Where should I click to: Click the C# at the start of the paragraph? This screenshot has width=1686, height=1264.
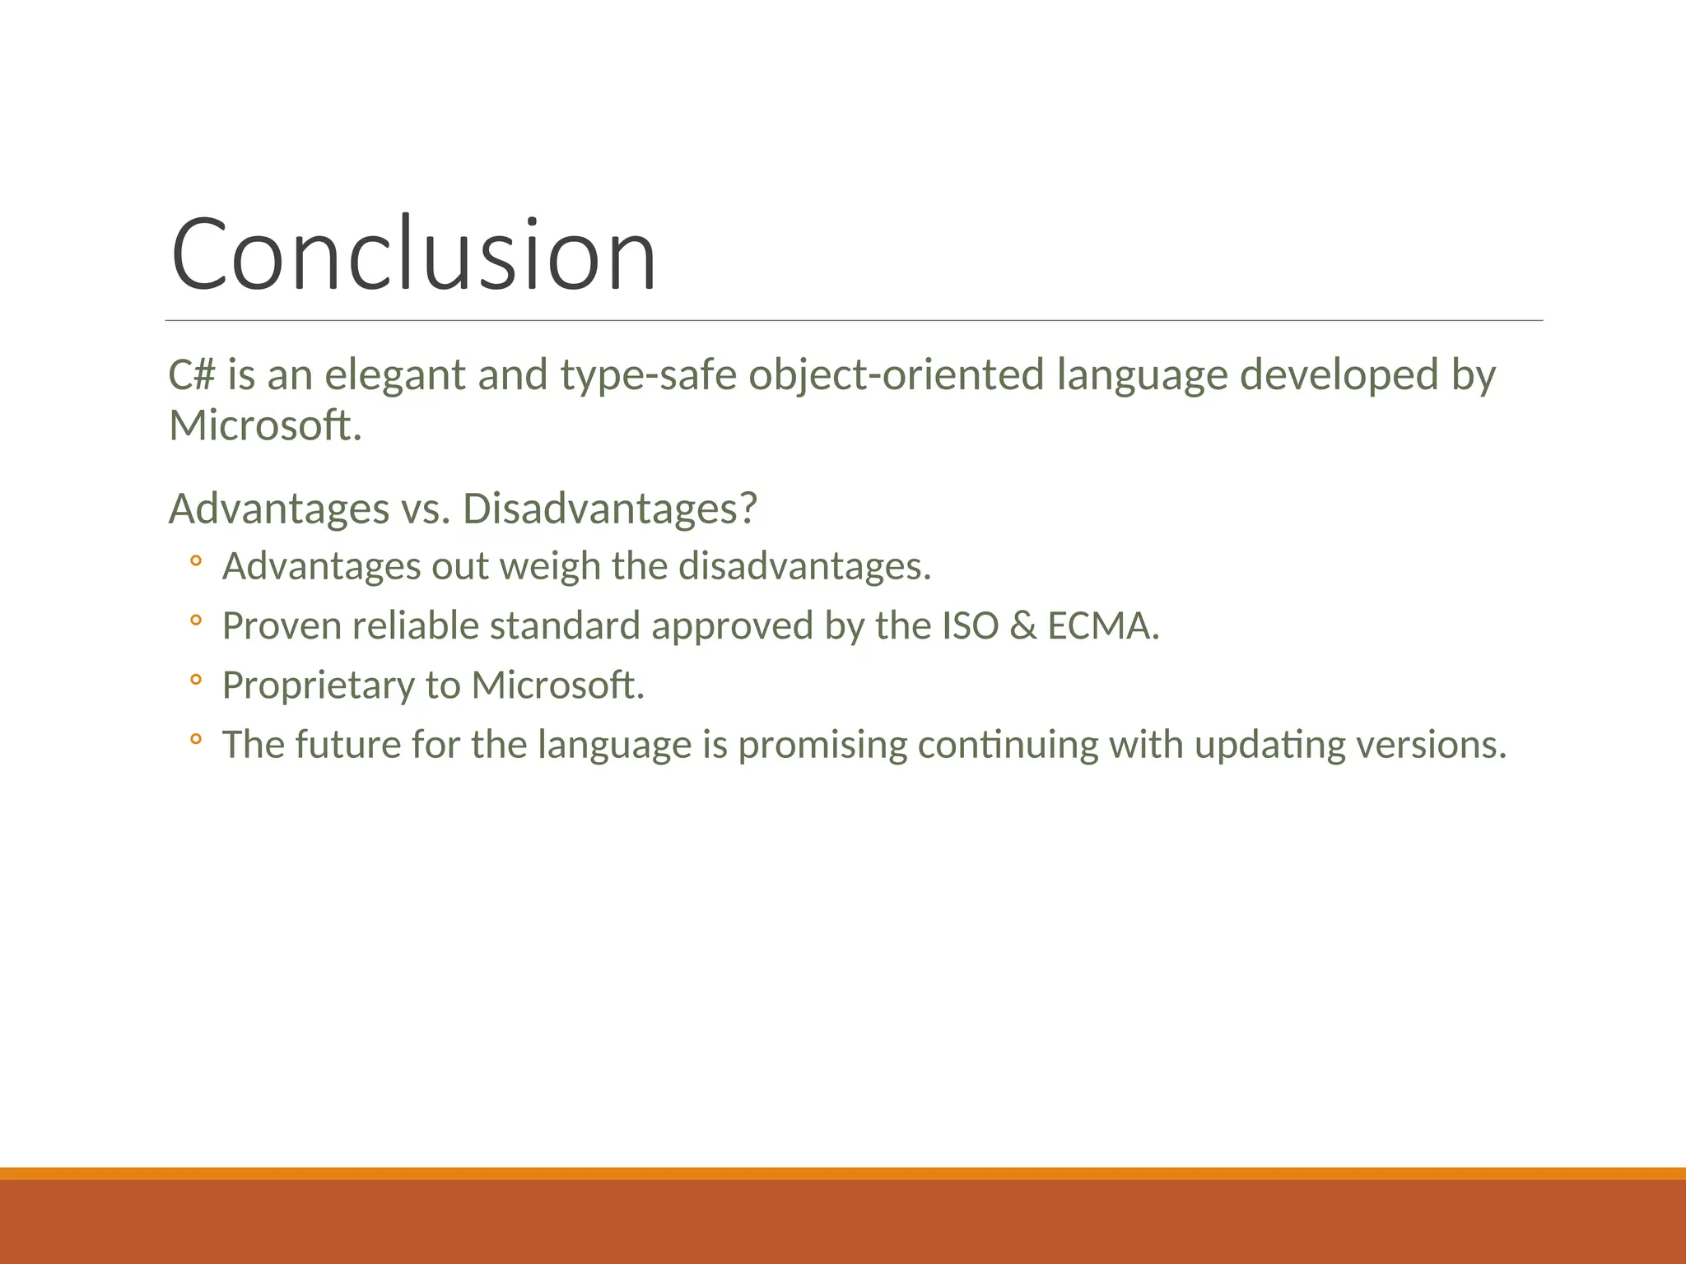(191, 375)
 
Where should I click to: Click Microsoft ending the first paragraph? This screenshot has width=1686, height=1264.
(263, 426)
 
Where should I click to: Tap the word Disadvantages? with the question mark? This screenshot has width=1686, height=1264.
(609, 509)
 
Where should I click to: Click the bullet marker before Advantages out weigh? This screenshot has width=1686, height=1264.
(195, 562)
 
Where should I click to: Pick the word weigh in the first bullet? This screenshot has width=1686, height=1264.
(550, 567)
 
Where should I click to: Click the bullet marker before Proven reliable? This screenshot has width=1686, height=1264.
(195, 621)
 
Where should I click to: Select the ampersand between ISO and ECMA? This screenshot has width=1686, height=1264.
(1022, 626)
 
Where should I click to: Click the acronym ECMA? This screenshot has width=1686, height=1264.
(1101, 626)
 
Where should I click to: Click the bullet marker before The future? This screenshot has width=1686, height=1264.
(195, 740)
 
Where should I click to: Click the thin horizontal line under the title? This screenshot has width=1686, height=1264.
(853, 320)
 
